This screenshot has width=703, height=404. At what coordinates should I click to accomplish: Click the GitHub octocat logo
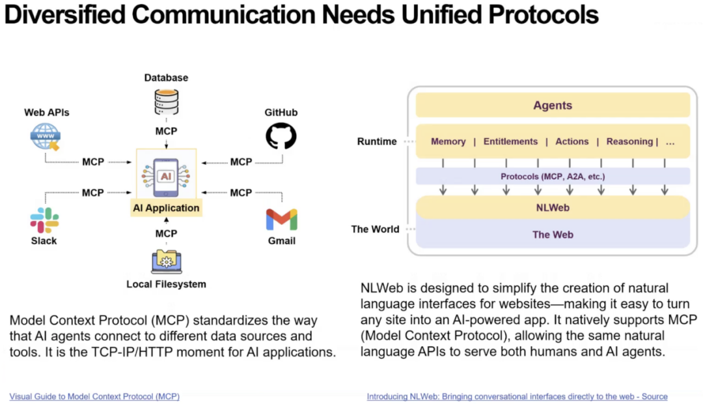point(281,136)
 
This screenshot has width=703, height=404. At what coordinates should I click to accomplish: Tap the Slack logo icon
point(44,220)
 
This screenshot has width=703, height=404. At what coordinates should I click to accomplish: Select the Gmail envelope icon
point(281,220)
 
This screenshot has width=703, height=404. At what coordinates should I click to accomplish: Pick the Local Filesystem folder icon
point(166,261)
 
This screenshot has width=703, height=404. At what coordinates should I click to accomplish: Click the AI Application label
point(166,208)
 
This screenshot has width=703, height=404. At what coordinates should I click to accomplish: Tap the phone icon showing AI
point(166,177)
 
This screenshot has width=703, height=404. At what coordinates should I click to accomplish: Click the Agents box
point(553,105)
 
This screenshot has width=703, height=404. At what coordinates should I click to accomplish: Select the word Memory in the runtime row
point(448,141)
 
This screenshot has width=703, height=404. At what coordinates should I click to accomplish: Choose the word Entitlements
point(510,141)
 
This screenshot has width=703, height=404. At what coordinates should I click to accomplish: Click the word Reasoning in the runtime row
point(629,141)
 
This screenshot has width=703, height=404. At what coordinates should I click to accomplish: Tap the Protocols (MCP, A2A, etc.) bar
point(553,176)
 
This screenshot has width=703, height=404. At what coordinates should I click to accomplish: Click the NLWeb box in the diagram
point(553,208)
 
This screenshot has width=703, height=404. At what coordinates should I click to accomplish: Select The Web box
point(553,235)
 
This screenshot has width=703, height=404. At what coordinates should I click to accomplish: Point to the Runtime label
point(377,141)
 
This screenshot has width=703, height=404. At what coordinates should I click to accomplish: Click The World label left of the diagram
point(376,229)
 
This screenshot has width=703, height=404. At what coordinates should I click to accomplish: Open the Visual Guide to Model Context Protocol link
point(94,396)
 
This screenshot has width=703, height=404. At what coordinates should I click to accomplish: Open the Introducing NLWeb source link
point(517,396)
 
